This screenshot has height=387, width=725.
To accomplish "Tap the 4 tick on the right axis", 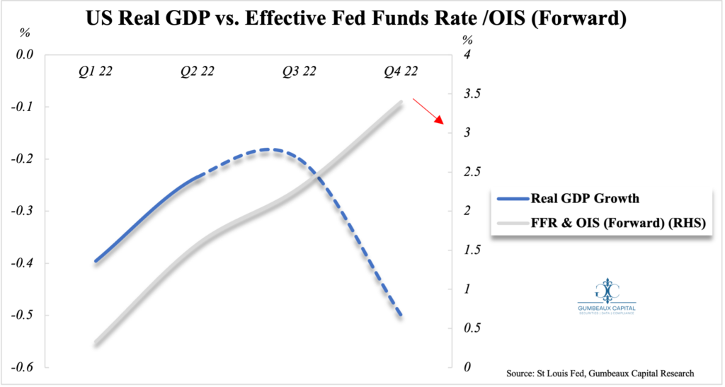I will pyautogui.click(x=467, y=54).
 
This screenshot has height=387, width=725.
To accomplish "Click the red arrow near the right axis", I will pyautogui.click(x=428, y=112).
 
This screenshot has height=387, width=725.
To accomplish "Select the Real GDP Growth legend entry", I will pyautogui.click(x=601, y=199).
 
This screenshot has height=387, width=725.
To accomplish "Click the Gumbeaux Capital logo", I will pyautogui.click(x=606, y=298).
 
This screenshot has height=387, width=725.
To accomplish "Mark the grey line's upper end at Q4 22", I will pyautogui.click(x=401, y=103).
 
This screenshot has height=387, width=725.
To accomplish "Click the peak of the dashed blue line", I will pyautogui.click(x=269, y=149).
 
